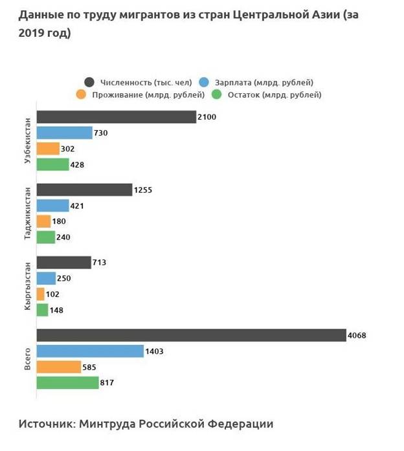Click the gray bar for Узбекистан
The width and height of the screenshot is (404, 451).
coord(116,117)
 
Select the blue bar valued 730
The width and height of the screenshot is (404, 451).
coord(65,133)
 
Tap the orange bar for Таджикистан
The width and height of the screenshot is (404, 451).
coord(43,221)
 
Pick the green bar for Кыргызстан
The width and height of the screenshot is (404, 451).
coord(42,310)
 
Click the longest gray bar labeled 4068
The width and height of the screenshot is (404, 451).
coord(191,335)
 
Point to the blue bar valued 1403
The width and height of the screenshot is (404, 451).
coord(90,351)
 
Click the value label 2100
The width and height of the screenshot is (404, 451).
coord(207,117)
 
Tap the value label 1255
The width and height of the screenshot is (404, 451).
coord(142,190)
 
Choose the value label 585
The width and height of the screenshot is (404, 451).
coord(90,367)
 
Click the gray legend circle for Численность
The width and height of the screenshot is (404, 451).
coord(90,82)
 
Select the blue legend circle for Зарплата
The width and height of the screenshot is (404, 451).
coord(205,82)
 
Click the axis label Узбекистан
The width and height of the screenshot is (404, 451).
coord(27,140)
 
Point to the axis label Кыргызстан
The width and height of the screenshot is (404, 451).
coord(27,287)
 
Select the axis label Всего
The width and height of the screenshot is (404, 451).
coord(27,358)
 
